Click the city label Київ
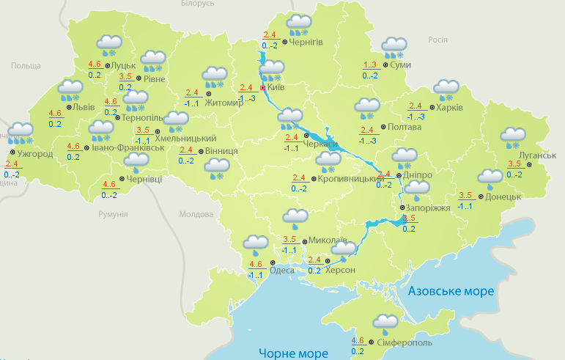(276, 87)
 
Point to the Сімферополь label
(405, 342)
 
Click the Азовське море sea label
(451, 291)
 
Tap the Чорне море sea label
(292, 353)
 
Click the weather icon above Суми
(394, 48)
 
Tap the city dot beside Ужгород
(12, 154)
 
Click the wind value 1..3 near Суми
(371, 65)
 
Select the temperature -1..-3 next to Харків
(416, 117)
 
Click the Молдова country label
(196, 214)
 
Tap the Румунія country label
(113, 214)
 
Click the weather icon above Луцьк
(108, 45)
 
